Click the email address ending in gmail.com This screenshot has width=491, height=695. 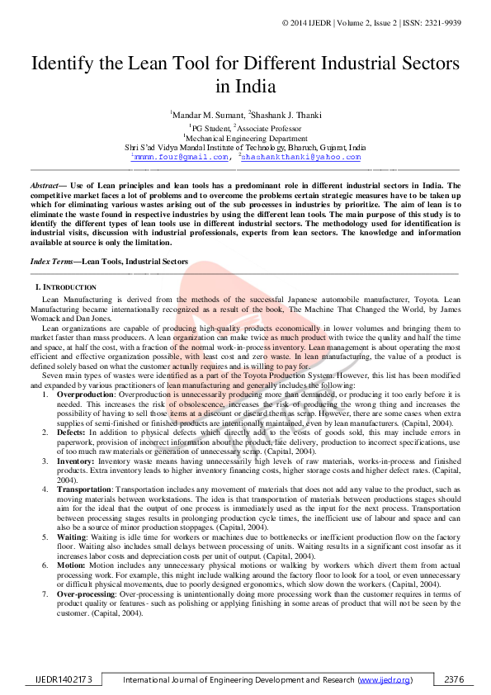pos(181,156)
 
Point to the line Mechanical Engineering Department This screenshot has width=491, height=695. pos(246,138)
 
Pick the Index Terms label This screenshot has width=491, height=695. pos(51,262)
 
